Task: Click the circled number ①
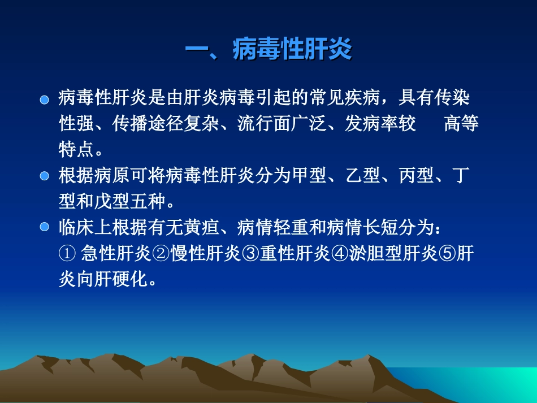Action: (x=66, y=254)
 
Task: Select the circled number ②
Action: (x=161, y=254)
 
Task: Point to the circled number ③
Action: (x=250, y=254)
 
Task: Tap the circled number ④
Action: (x=339, y=254)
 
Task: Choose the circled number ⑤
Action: (x=447, y=254)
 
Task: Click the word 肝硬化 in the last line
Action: (x=120, y=279)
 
